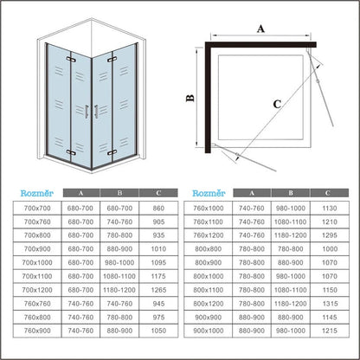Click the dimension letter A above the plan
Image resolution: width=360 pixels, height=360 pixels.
tap(260, 29)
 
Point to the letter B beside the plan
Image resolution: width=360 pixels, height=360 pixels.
tap(190, 99)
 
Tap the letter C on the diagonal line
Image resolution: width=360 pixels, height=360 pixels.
tap(277, 104)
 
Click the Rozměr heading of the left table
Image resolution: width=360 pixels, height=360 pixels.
tap(37, 193)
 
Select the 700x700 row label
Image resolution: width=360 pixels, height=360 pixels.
tap(37, 209)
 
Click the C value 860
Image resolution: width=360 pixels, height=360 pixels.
tap(158, 209)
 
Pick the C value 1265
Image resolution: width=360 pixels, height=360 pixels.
tap(158, 290)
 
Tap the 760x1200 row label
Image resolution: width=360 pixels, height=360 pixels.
tap(209, 235)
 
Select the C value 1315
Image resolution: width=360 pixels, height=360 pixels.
tap(330, 304)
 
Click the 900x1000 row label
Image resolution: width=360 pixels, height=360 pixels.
tap(209, 331)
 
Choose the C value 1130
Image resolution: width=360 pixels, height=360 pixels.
tap(330, 209)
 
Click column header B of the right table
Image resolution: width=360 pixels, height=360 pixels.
tap(291, 193)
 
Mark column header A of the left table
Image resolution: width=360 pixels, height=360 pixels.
tap(80, 193)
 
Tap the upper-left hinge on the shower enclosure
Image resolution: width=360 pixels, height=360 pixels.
tap(71, 60)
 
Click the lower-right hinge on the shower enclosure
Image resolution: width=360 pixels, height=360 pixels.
tap(112, 152)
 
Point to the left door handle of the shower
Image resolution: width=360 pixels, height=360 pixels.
tap(87, 112)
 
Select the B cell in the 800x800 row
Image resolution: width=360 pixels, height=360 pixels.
tap(291, 249)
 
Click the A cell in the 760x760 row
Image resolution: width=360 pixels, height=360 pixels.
tap(80, 304)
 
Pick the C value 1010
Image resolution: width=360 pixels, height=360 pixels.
tap(158, 249)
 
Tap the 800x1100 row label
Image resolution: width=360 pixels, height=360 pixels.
tap(209, 290)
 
